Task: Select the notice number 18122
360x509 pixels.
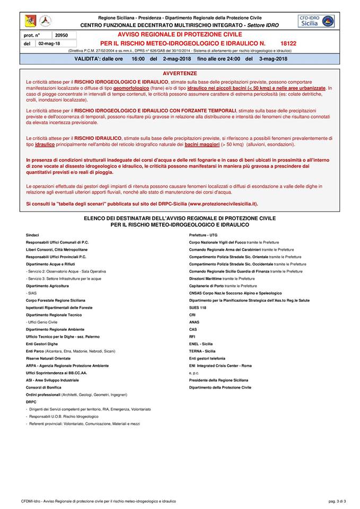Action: coord(289,42)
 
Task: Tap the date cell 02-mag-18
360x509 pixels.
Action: coord(49,43)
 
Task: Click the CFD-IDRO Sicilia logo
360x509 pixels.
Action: coord(317,21)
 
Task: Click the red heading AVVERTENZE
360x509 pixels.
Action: coord(180,73)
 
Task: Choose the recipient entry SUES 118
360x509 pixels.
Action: coord(198,308)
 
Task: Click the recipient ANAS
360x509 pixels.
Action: coord(194,322)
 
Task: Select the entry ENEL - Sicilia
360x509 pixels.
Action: coord(201,344)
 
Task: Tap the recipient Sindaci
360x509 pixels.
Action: coord(32,235)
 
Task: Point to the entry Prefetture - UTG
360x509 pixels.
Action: coord(203,235)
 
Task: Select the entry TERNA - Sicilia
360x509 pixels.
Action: coord(202,351)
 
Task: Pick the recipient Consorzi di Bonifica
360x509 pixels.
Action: coord(43,387)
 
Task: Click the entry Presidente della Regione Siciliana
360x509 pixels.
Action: coord(219,380)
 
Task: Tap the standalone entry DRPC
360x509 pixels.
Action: coord(31,402)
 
